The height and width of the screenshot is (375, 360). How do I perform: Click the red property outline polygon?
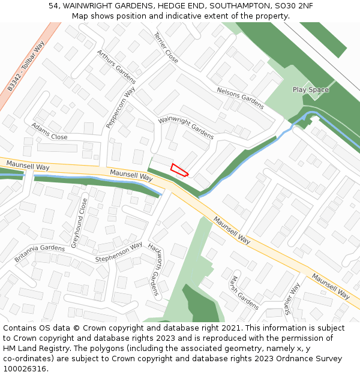click(179, 170)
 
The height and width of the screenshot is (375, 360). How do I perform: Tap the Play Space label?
click(310, 90)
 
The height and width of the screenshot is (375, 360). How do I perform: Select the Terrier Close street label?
click(166, 48)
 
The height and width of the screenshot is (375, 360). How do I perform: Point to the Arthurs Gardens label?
click(116, 66)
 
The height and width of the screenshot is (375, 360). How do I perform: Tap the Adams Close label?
click(49, 133)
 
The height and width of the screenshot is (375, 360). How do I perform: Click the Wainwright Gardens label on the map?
click(186, 128)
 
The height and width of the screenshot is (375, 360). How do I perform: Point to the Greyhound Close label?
click(80, 223)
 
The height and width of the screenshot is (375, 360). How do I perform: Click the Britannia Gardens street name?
click(40, 253)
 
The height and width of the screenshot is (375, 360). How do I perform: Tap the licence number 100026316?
click(26, 369)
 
